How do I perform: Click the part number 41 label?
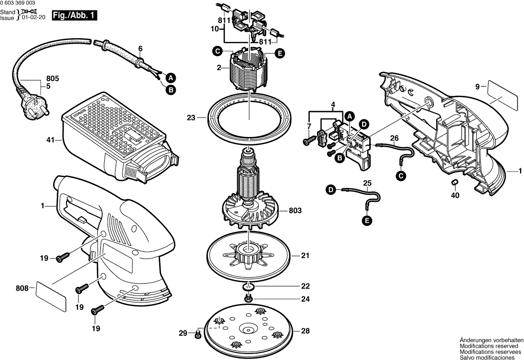pos(50,140)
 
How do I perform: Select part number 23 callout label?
pos(192,118)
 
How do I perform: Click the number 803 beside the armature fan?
pos(294,211)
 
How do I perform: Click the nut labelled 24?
pos(248,299)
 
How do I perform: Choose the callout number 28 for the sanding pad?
pos(305,331)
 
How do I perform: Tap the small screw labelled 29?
pos(198,336)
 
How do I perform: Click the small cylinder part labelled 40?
pos(455,184)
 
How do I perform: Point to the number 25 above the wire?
pos(367,183)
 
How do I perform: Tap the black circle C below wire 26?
pos(400,175)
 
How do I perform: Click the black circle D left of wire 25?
pos(330,189)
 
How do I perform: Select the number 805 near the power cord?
pos(53,78)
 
